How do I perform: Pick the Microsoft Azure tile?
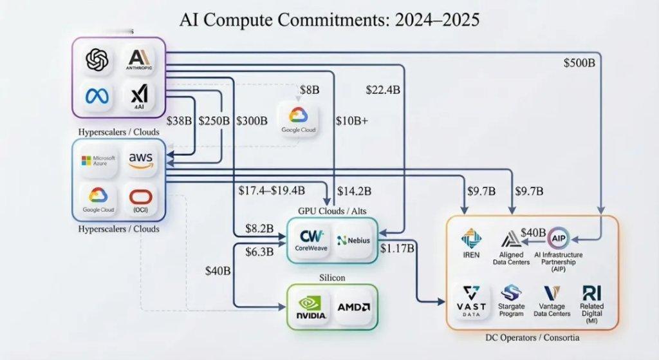(x=98, y=160)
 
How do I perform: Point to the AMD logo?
(x=352, y=307)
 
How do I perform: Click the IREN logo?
(x=471, y=242)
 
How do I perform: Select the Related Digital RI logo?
(x=591, y=295)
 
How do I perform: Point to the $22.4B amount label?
(x=383, y=90)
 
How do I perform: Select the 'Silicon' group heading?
(x=333, y=277)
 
